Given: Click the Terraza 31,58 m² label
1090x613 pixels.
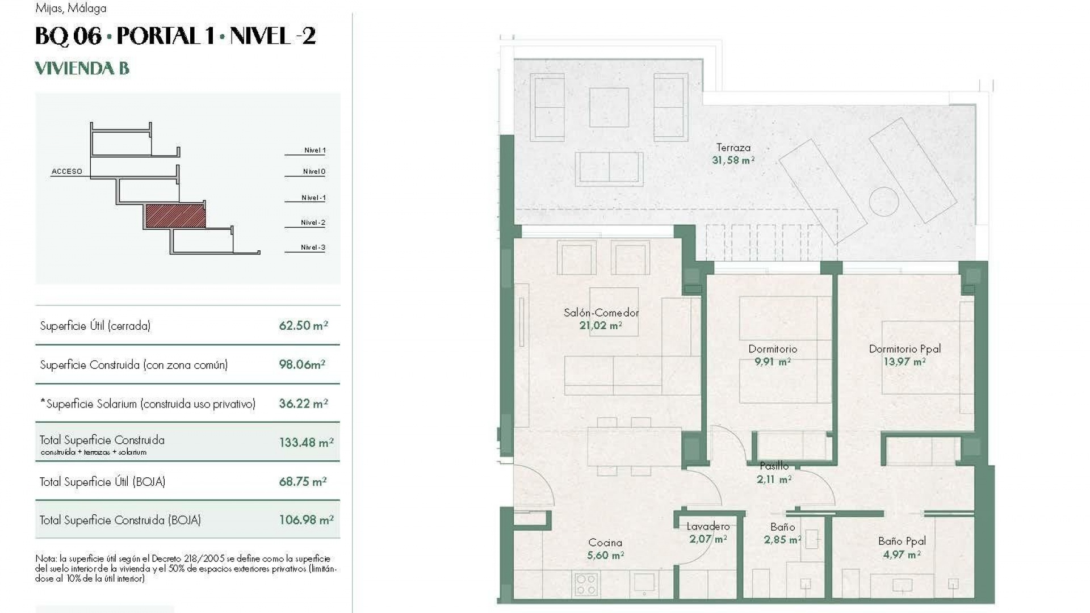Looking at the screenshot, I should coord(733,154).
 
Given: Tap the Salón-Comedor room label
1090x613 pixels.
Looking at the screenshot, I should coord(601,318).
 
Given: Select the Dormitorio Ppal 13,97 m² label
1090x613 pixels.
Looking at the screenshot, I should coord(904,355).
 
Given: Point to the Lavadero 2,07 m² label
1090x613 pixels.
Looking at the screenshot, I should coord(707,532).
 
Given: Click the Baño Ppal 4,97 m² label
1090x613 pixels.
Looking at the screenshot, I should coord(902,547).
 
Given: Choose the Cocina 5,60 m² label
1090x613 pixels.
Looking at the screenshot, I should coord(605,549).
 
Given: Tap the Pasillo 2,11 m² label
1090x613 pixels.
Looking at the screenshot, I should coord(774,472).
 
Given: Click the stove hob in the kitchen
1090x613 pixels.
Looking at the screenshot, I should coord(586,583).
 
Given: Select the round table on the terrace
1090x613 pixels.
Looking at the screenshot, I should coord(883,201).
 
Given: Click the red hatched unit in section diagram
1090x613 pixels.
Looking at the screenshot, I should coord(175,216).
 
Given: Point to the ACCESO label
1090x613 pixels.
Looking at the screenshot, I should coord(67,171).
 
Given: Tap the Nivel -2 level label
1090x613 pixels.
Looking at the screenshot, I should coord(313,222).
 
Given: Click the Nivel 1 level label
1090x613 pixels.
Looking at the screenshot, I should coord(315,150).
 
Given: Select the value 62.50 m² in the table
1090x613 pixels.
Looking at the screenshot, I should coord(303,325).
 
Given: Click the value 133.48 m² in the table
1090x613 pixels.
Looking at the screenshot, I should coord(306,442).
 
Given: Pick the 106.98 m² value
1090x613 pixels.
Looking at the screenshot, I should coord(306,520).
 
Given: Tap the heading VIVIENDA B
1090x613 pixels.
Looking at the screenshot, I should coord(82,69).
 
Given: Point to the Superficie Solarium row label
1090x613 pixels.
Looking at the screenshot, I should coord(148,404).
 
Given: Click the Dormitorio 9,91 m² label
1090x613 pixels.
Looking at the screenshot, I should coord(773,355).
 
